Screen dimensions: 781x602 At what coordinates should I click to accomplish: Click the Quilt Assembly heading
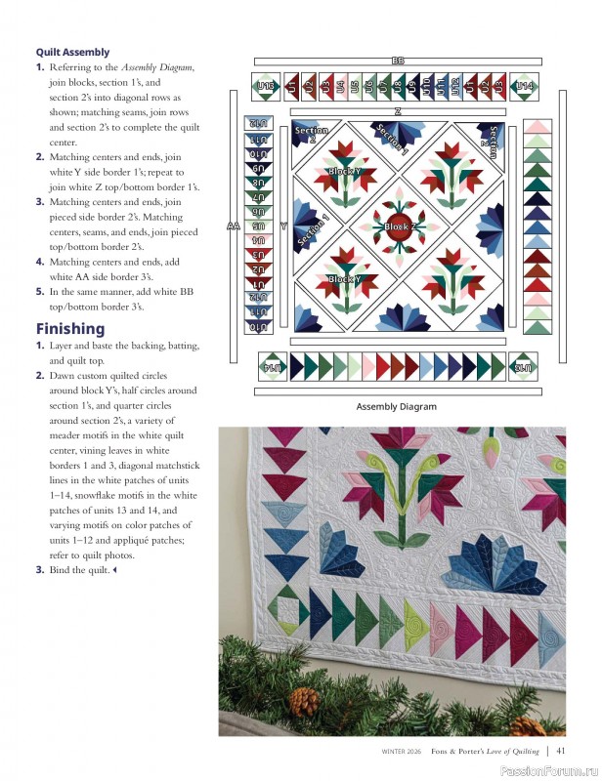click(x=72, y=52)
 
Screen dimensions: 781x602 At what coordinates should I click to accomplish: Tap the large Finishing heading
click(x=70, y=328)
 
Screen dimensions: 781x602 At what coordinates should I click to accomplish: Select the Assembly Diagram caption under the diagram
click(x=396, y=407)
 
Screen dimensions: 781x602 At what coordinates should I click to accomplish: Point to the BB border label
click(x=398, y=61)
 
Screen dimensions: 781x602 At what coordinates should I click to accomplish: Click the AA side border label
click(x=233, y=226)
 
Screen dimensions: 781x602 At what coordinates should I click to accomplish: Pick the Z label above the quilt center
click(x=398, y=112)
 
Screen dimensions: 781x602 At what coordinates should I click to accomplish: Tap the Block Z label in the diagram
click(x=400, y=226)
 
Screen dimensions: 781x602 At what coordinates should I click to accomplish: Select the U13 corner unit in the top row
click(x=265, y=87)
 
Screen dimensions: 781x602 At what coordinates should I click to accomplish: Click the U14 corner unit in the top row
click(x=525, y=87)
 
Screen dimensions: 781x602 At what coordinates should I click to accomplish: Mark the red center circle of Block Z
click(x=400, y=219)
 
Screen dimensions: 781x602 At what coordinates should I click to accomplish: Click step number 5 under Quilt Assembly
click(x=40, y=291)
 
